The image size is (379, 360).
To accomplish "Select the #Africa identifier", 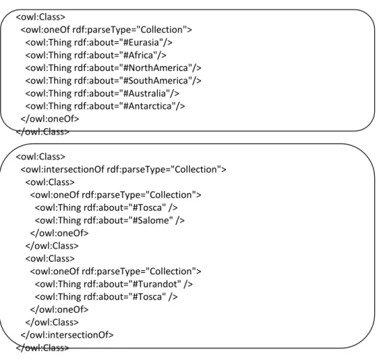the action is click(138, 55).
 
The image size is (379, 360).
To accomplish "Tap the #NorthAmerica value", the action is click(156, 68).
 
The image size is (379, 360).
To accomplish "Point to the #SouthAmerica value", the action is click(156, 81).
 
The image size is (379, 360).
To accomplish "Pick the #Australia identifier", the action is click(145, 93).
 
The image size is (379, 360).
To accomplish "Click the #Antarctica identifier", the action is click(147, 106).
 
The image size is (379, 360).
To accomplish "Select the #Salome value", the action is click(151, 221).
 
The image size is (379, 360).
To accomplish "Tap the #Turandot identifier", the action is click(155, 284).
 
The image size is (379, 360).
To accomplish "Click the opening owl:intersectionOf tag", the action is click(123, 169).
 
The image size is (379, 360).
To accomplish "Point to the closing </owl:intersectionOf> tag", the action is click(67, 335).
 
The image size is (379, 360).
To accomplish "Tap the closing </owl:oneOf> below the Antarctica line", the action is click(50, 119).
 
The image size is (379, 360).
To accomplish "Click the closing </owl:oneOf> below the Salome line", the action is click(59, 233).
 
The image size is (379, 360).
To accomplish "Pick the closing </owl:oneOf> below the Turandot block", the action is click(59, 310).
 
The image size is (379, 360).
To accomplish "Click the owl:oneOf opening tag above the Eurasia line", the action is click(106, 30).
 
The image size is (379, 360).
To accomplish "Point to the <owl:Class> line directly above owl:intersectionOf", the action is click(40, 157).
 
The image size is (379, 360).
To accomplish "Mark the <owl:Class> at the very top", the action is click(40, 17).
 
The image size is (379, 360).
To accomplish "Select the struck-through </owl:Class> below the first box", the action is click(42, 132).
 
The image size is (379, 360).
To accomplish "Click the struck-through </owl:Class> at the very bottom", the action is click(42, 348).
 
